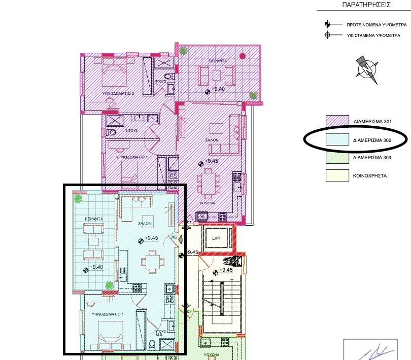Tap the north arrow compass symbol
[367, 70]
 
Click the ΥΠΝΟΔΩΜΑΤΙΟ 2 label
[118, 94]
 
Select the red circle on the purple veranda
[243, 56]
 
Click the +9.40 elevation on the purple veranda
[218, 89]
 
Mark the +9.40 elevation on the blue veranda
[96, 267]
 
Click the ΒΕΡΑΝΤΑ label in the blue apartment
[94, 219]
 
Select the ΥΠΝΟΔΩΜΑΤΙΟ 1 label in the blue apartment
[108, 314]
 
